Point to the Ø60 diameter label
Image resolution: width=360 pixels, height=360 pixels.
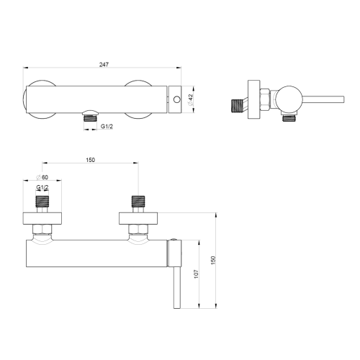point(42,177)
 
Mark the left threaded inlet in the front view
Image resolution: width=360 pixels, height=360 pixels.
point(45,202)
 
